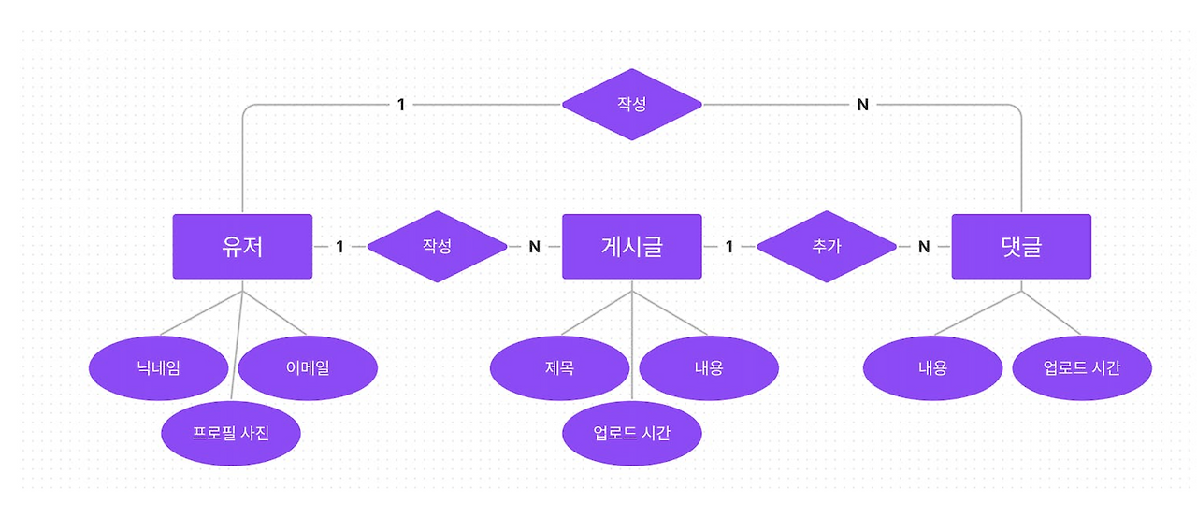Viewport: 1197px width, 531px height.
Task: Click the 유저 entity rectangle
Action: pos(242,247)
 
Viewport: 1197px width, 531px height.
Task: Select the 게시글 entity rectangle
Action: pos(631,247)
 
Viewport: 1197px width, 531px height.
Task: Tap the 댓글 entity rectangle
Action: pos(1021,247)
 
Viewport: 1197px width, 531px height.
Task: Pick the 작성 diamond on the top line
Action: pos(631,105)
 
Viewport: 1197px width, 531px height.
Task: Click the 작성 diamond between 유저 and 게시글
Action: pos(437,247)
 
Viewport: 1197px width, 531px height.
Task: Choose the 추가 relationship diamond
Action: pos(827,247)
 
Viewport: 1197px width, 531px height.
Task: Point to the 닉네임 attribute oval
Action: pos(158,368)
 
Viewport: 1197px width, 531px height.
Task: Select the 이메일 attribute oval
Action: pos(308,368)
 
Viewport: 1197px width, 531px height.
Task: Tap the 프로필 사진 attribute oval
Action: pos(230,433)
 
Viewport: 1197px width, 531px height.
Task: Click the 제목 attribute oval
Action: pos(559,368)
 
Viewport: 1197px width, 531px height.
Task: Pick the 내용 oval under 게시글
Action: pos(709,368)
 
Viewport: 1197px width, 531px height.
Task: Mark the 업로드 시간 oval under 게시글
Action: pos(631,433)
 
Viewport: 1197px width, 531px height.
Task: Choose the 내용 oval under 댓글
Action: pos(932,368)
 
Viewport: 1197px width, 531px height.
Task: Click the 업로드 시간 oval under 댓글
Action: pos(1082,368)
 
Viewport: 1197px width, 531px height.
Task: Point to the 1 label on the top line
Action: pos(401,105)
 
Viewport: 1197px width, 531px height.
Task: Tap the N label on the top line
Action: pos(863,105)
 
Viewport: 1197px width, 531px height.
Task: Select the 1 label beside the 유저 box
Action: pos(339,247)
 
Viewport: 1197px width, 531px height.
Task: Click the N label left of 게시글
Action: pos(534,247)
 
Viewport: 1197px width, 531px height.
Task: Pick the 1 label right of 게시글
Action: pos(728,247)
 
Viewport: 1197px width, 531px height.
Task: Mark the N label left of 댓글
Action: pos(924,247)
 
